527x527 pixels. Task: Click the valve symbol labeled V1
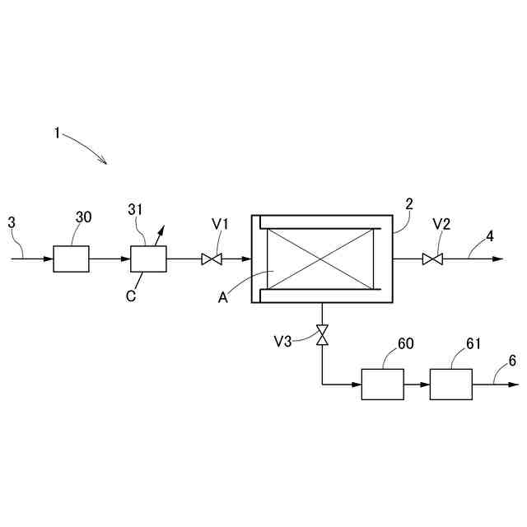tap(212, 259)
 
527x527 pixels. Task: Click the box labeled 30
tap(71, 259)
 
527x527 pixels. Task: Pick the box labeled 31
tap(149, 259)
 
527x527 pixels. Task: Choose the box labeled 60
tap(383, 385)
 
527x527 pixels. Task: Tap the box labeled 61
tap(451, 385)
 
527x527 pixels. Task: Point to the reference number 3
tap(11, 222)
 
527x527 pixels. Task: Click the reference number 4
tap(489, 236)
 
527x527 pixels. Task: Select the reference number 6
tap(511, 361)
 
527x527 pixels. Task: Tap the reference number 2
tap(408, 203)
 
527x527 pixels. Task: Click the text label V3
tap(283, 341)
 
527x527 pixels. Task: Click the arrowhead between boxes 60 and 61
tap(425, 385)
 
